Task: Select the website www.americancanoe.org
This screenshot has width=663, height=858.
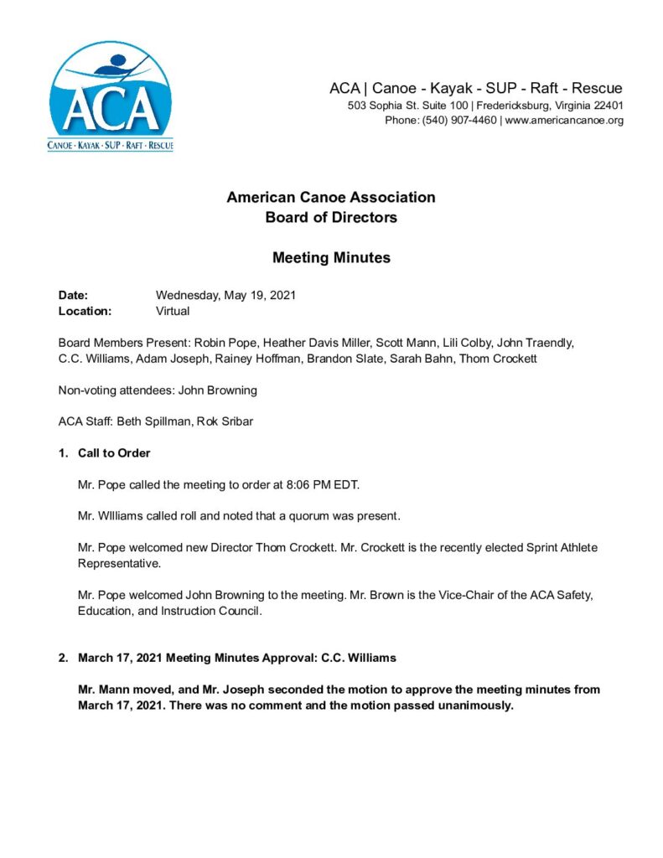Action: tap(564, 121)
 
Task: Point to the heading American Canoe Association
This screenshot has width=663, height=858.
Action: tap(331, 198)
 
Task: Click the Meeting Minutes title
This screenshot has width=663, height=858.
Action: tap(331, 258)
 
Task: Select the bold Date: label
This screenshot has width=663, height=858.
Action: tap(74, 296)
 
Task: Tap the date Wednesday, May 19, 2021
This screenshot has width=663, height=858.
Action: tap(225, 296)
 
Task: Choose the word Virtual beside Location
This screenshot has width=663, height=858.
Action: tap(173, 311)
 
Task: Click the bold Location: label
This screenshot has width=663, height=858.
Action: tap(85, 311)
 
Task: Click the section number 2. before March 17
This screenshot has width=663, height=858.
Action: tap(63, 658)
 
